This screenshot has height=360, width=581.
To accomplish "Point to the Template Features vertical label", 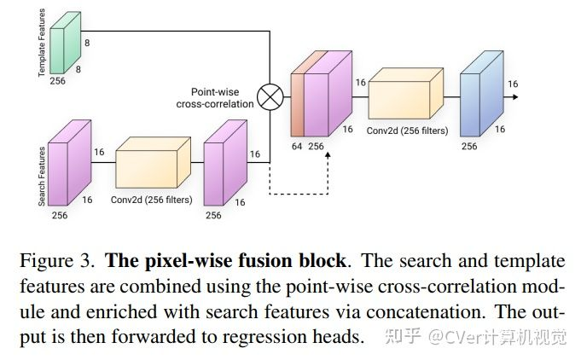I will tap(40, 42).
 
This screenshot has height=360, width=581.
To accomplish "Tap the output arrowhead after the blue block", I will tap(516, 96).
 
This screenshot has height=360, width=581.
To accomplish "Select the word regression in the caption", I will tap(255, 336).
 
